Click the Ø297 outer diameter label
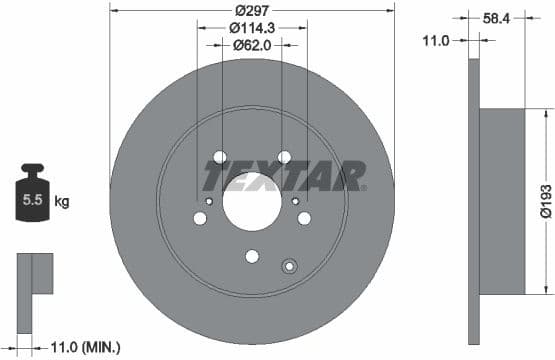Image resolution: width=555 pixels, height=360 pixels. point(252,11)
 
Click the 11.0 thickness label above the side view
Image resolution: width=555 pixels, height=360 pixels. point(433,39)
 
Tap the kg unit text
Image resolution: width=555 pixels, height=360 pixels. point(62,202)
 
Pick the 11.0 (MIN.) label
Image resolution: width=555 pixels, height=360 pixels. point(86,347)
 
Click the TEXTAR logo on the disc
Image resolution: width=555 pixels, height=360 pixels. point(285,178)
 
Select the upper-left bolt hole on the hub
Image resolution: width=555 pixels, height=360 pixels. point(220,156)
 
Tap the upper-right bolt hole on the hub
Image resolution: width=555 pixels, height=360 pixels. point(284,156)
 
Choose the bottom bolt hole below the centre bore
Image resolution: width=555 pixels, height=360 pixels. point(252,256)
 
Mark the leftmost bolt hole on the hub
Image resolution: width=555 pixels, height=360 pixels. point(199,218)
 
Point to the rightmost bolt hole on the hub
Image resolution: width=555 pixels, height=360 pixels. point(305,218)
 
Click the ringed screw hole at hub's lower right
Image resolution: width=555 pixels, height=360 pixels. point(290,266)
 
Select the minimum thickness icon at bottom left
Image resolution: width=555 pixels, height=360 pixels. point(34,274)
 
